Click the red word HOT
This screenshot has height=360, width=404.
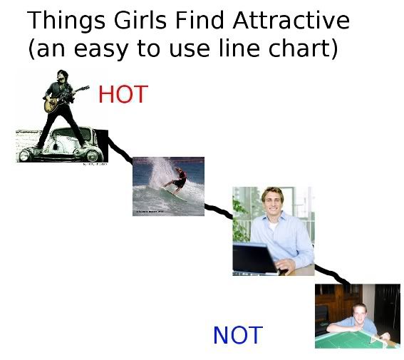(123, 94)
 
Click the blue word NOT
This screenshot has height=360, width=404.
(238, 335)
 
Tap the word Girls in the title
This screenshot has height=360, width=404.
(140, 21)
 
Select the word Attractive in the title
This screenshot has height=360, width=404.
(291, 21)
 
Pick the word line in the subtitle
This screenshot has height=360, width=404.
(239, 48)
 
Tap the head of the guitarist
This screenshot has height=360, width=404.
(63, 76)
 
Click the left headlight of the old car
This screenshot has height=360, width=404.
(24, 155)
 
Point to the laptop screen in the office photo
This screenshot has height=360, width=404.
(254, 259)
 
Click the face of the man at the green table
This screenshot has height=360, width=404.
(359, 314)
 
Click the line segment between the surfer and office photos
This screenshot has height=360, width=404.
(219, 211)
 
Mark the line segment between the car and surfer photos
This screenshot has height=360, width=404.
(120, 150)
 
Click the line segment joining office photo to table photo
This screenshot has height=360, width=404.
(332, 274)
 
